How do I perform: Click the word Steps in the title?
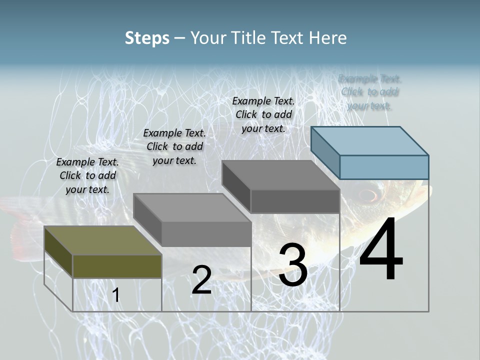coord(146,38)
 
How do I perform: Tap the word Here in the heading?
coord(328,38)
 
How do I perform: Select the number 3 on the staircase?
coord(293,265)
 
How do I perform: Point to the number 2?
coord(201,280)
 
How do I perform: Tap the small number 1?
coord(115,295)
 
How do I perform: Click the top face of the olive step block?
coord(102,240)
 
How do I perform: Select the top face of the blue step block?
coord(370,141)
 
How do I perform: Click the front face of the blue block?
coord(384,167)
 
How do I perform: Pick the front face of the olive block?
coord(117,266)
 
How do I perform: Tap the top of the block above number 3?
coord(281,175)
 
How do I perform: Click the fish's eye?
coord(368,194)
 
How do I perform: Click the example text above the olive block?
coord(87,175)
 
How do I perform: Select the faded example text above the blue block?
coord(369,92)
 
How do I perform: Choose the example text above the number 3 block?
coord(263,114)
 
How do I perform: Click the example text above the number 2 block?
coord(174,146)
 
